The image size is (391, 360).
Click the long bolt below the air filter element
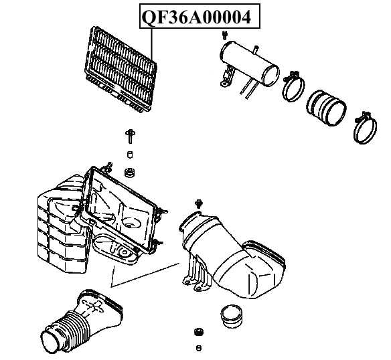pyautogui.click(x=129, y=139)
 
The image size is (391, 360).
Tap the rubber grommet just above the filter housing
pyautogui.click(x=131, y=173)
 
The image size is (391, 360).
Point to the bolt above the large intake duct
pyautogui.click(x=198, y=203)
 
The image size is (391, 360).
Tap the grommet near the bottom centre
pyautogui.click(x=198, y=333)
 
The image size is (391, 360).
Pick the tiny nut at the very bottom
pyautogui.click(x=198, y=347)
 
